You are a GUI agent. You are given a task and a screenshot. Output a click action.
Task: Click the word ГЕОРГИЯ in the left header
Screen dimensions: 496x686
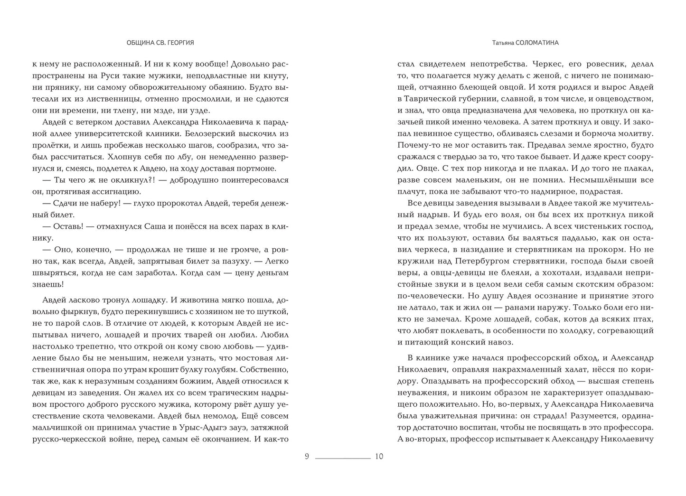pos(181,43)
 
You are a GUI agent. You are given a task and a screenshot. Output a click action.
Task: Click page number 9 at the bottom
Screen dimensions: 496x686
pos(307,457)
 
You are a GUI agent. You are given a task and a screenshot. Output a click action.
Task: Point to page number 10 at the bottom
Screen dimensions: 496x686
pos(379,457)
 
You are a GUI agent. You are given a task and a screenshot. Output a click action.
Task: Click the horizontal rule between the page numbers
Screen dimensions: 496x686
pos(343,458)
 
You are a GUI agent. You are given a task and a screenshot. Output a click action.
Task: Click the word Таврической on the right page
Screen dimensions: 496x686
pos(438,99)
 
